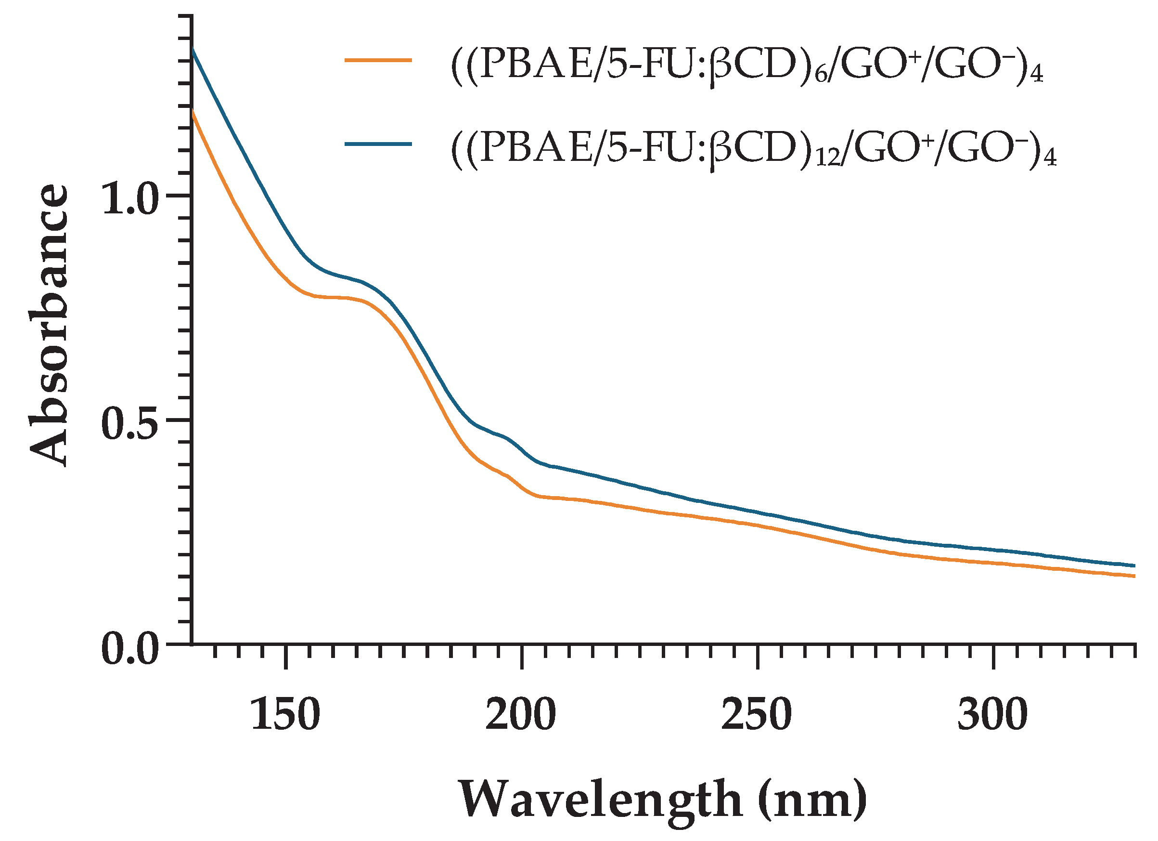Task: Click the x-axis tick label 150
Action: [x=285, y=715]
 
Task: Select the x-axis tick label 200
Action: [x=521, y=715]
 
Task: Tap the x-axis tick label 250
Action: [x=757, y=715]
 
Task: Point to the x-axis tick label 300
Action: [x=992, y=715]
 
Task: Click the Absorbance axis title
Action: [x=49, y=325]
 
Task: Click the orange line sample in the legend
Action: [x=378, y=60]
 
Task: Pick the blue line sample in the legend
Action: [x=378, y=144]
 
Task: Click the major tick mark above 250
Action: [x=757, y=656]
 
